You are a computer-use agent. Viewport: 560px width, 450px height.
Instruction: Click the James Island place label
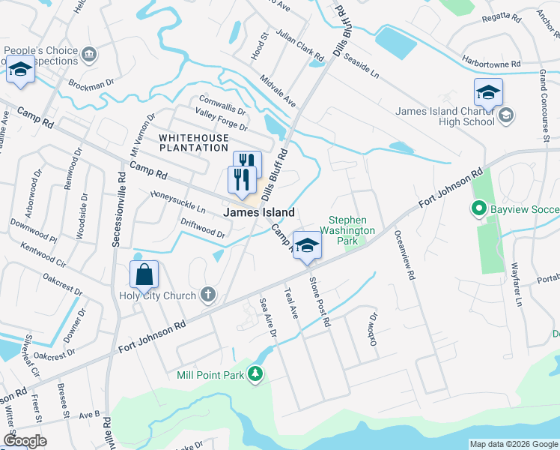tap(258, 213)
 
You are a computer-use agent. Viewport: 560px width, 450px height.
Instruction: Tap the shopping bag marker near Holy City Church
tap(144, 275)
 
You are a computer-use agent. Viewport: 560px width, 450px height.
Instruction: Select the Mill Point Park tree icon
tap(255, 373)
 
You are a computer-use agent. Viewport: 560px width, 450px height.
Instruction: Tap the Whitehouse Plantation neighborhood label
tap(192, 145)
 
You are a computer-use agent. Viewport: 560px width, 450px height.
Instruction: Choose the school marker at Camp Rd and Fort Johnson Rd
tap(306, 245)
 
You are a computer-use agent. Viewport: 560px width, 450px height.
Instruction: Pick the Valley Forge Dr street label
tap(221, 118)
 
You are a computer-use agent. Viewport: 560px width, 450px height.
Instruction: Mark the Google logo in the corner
tap(25, 441)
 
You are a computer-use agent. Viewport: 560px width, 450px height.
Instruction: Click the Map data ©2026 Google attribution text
tap(513, 444)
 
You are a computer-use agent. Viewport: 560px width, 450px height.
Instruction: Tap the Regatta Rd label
tap(507, 38)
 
